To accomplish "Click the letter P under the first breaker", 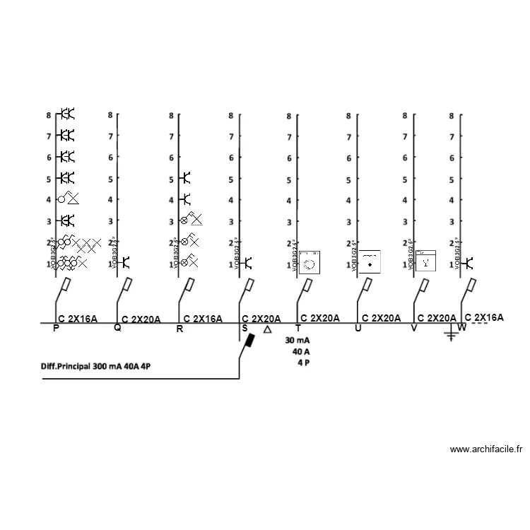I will tap(57, 328).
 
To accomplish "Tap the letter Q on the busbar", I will tap(117, 328).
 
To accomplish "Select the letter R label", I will tap(179, 329).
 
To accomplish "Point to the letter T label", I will tap(298, 329).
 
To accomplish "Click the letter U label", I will tap(358, 329).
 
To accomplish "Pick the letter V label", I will tap(414, 329).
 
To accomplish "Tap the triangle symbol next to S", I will tap(267, 329).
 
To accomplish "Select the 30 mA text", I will tap(298, 340).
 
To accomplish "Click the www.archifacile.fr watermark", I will tap(487, 449).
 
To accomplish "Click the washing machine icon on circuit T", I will tap(309, 262).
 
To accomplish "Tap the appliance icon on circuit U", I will tap(370, 261).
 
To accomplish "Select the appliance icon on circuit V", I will tap(425, 261).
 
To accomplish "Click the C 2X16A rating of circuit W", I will tap(484, 317).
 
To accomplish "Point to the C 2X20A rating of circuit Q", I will tap(141, 319).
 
